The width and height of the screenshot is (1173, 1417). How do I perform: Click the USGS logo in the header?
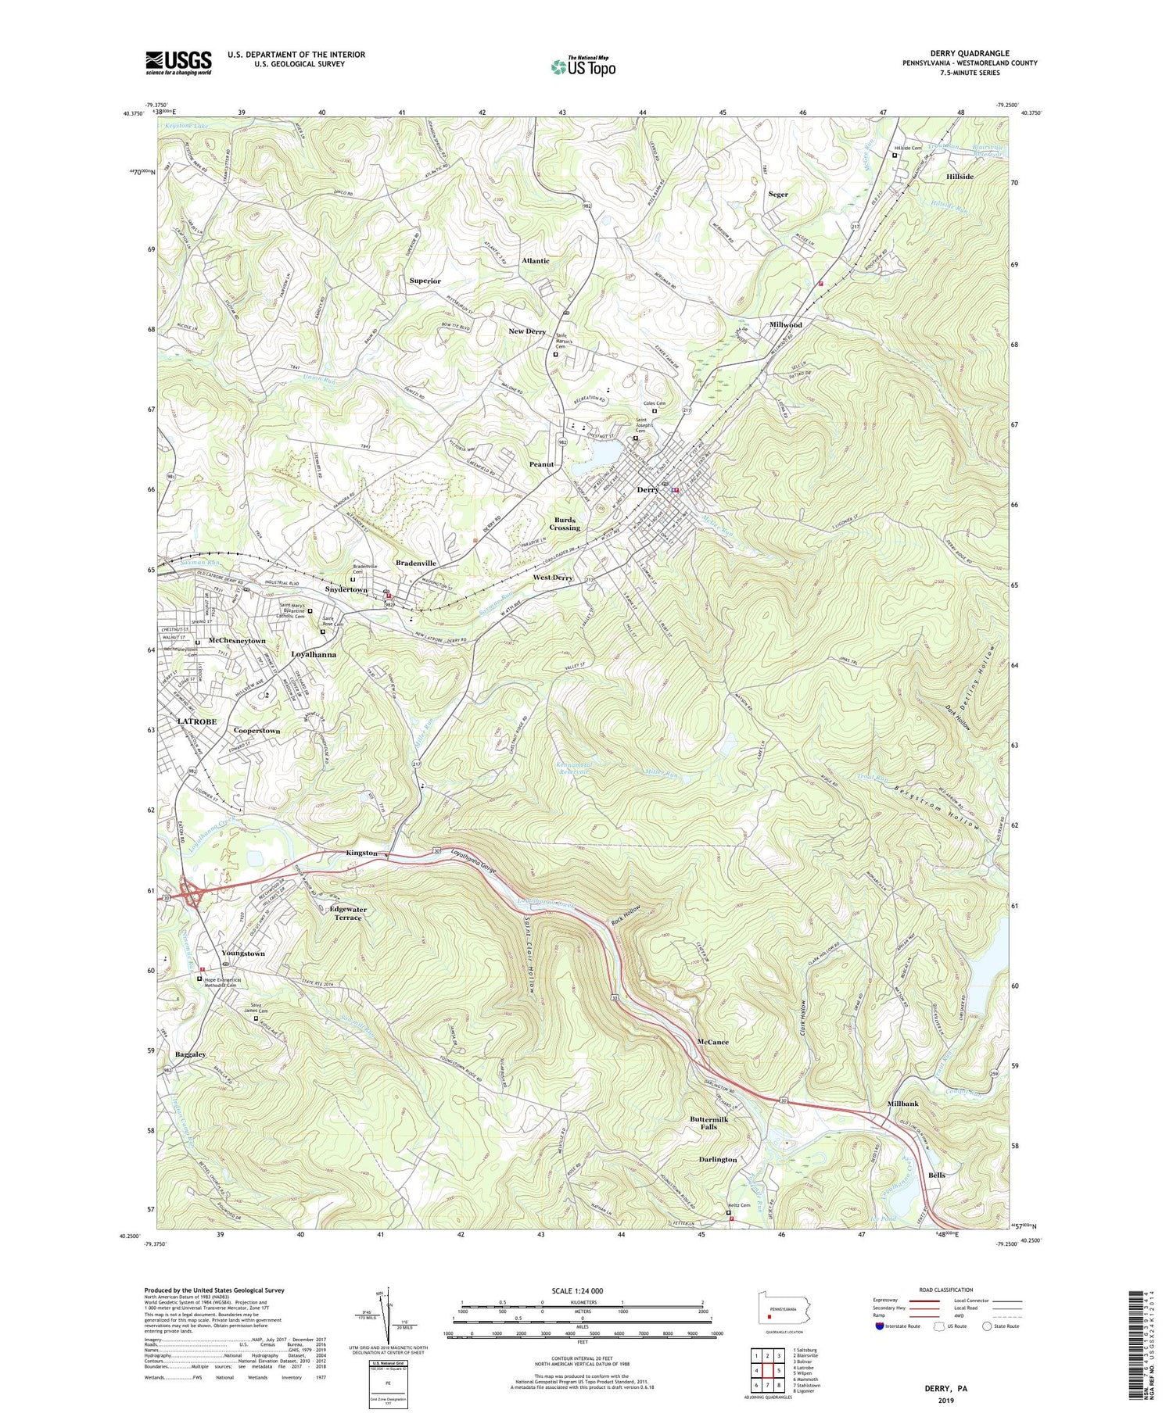pyautogui.click(x=178, y=63)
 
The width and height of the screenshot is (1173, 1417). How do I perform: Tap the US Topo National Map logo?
pyautogui.click(x=583, y=67)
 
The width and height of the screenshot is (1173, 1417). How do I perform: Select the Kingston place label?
pyautogui.click(x=362, y=853)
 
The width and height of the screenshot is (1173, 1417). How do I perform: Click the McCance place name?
pyautogui.click(x=712, y=1042)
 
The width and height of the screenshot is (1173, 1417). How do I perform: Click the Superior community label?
pyautogui.click(x=425, y=281)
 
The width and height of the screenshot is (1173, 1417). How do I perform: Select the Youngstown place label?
pyautogui.click(x=243, y=954)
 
